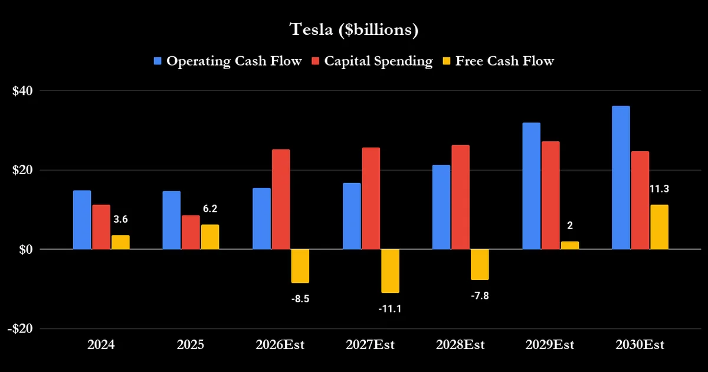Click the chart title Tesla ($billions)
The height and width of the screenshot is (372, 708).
tap(354, 30)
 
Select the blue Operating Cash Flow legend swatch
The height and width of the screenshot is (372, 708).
tap(158, 61)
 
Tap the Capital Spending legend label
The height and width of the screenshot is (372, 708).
tap(378, 61)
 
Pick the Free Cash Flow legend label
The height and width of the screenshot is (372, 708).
tap(504, 61)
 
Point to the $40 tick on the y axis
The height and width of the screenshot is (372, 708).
tap(22, 91)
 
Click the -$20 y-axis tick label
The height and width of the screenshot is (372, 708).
tap(20, 329)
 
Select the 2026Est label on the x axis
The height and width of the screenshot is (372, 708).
tap(280, 345)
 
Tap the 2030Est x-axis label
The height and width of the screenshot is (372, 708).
tap(640, 345)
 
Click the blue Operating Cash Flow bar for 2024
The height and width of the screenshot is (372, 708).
tap(82, 220)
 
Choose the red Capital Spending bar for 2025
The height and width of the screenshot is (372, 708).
tap(191, 232)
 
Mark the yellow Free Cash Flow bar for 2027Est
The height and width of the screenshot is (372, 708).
tap(391, 271)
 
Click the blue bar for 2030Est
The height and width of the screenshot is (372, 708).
tap(621, 178)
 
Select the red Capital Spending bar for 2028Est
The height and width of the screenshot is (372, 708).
tap(461, 197)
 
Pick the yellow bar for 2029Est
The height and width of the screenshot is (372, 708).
tap(570, 246)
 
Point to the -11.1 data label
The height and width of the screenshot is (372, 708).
tap(390, 309)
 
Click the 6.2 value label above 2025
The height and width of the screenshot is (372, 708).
tap(210, 209)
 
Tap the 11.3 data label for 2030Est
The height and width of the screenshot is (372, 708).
tap(660, 189)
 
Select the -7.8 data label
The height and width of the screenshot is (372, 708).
tap(480, 296)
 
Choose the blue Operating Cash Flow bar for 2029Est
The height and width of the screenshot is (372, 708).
tap(532, 186)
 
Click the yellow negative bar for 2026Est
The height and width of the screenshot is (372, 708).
tap(300, 266)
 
